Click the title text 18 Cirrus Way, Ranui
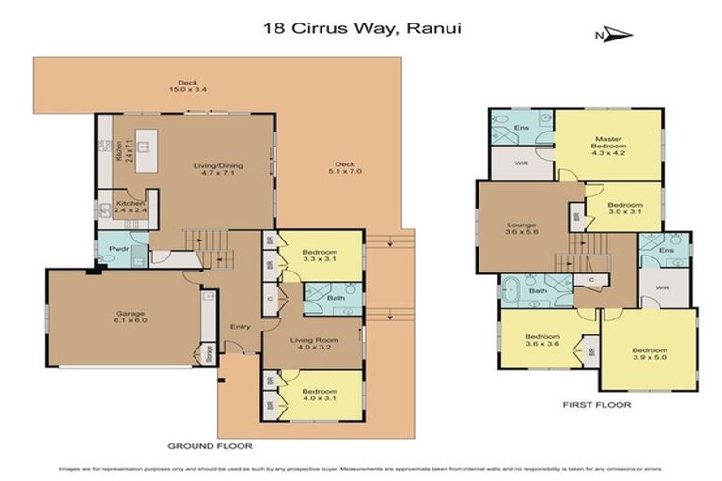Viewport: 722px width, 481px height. point(360,28)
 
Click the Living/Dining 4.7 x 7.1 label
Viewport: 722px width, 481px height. point(218,170)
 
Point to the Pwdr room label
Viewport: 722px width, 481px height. point(118,251)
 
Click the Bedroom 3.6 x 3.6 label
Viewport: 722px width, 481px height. point(541,340)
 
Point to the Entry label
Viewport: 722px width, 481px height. point(238,326)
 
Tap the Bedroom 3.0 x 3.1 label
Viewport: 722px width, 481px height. point(624,209)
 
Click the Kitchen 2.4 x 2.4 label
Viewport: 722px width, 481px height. point(128,207)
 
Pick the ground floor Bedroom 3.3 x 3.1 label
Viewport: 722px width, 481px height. point(321,257)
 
